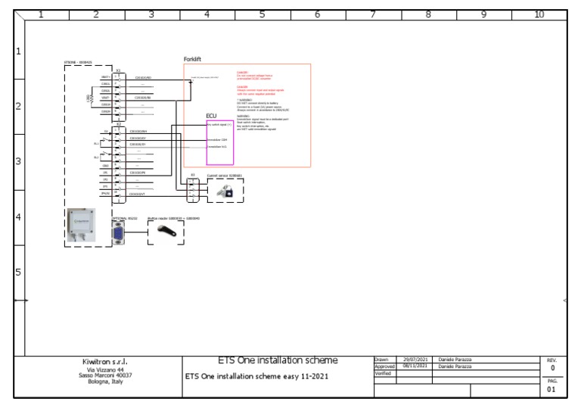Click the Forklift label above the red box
[192, 59]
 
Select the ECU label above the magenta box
[211, 116]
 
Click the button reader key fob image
[165, 234]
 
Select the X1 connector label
[118, 70]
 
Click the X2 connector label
[118, 124]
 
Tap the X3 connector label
[193, 175]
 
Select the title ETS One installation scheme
[278, 360]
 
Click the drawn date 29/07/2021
[414, 359]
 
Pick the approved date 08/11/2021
[414, 366]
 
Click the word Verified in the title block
[383, 372]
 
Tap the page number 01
[551, 390]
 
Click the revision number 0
[552, 368]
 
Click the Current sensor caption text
[224, 175]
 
